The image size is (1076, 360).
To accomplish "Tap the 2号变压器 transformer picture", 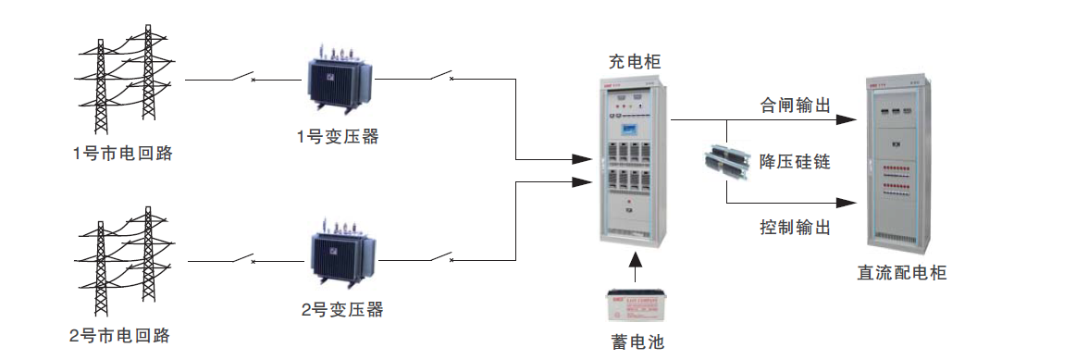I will (341, 254).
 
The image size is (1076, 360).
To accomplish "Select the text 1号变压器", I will (338, 137).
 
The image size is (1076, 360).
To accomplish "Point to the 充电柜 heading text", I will (635, 63).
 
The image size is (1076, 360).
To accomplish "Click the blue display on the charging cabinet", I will (633, 129).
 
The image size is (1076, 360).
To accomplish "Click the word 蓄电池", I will (637, 341).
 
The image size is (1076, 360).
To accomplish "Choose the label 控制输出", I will (795, 227).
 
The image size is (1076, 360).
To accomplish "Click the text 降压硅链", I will (795, 162).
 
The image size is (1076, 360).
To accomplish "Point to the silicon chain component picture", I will (726, 161).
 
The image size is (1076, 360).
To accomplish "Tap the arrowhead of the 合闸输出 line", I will (844, 120).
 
